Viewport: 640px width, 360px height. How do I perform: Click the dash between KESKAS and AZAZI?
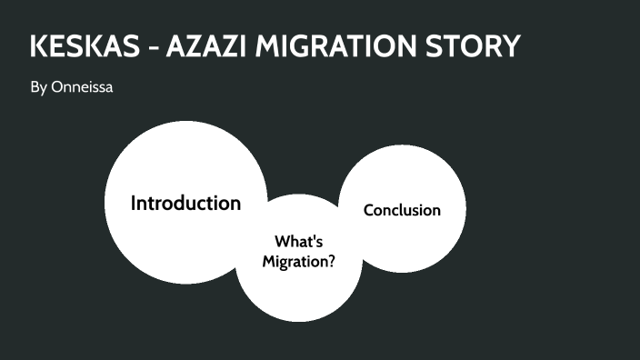152,47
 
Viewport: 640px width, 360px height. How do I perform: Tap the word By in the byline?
38,89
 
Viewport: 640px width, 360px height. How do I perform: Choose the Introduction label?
185,203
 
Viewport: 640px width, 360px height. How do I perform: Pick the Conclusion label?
402,210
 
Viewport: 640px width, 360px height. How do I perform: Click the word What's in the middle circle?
299,242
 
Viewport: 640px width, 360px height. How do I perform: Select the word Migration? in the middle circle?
299,261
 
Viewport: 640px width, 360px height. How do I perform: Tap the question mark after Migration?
332,261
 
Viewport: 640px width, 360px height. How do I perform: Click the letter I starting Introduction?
133,203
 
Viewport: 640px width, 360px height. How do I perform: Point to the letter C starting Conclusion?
368,210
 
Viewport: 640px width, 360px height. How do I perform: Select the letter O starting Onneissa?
55,89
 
